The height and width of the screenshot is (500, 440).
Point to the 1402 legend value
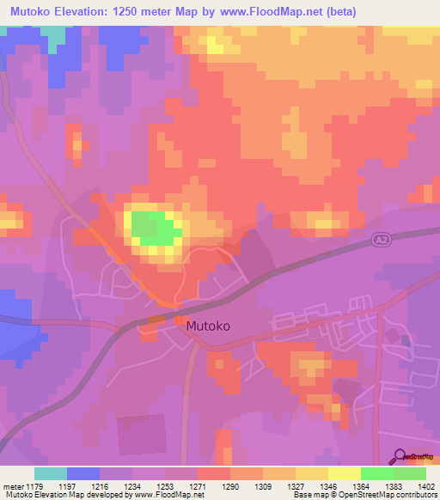click(426, 485)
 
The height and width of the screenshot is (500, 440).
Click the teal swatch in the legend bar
click(50, 473)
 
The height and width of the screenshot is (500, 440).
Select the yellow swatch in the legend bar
click(344, 473)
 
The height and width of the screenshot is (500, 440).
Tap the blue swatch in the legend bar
click(83, 473)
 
